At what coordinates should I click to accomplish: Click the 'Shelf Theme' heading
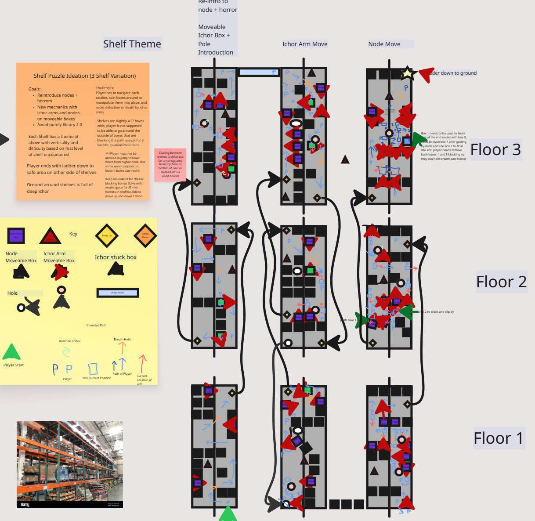[132, 44]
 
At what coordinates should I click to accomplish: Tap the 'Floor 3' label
[495, 150]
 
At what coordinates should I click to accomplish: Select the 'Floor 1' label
[498, 438]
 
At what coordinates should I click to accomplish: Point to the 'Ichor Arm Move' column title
[305, 44]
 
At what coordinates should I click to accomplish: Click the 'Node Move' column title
[384, 44]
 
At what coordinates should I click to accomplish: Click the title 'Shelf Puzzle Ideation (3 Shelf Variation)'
[85, 76]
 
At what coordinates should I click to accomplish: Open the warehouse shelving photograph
[70, 464]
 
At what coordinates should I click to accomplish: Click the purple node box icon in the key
[16, 235]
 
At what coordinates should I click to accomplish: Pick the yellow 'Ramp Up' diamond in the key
[107, 235]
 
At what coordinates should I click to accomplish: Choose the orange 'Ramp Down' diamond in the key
[145, 235]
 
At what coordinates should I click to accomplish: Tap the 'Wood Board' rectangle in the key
[118, 293]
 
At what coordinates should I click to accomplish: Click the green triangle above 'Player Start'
[11, 352]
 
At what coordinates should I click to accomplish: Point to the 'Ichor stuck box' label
[116, 257]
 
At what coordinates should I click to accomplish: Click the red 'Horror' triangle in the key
[50, 236]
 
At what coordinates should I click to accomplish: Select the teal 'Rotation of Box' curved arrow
[66, 351]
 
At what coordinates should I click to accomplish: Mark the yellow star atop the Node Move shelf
[407, 73]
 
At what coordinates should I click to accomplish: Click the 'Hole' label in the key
[13, 293]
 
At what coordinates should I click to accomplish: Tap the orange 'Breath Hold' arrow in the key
[123, 348]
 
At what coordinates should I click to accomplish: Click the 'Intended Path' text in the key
[96, 326]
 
